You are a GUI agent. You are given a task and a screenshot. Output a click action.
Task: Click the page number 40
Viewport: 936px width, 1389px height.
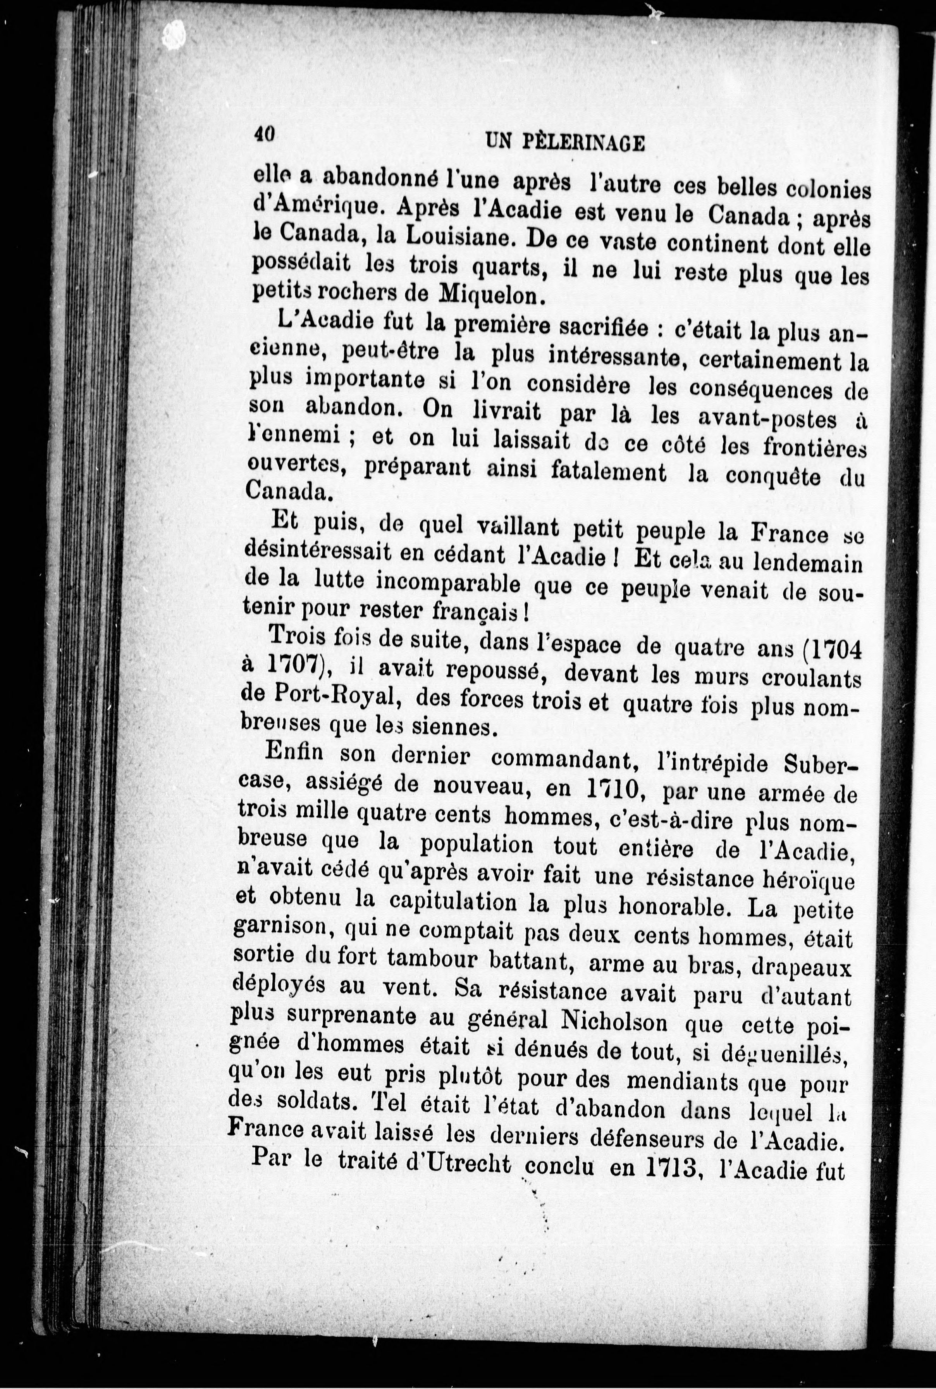coord(264,135)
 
